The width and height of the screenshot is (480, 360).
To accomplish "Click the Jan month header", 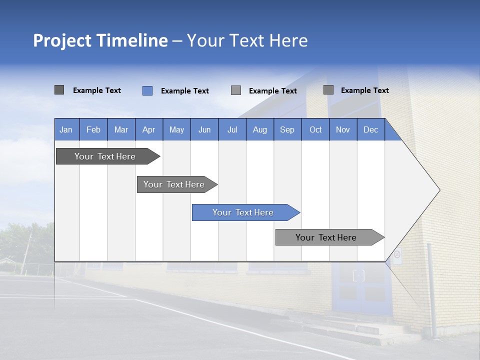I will click(x=66, y=129).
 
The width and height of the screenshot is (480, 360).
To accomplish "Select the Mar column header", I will click(x=121, y=129).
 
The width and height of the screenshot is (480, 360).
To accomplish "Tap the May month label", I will click(x=176, y=129).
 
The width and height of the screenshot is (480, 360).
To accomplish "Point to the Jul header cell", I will click(x=232, y=129).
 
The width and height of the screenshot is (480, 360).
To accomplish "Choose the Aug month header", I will click(x=259, y=129).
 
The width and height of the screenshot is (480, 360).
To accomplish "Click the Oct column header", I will click(x=315, y=129).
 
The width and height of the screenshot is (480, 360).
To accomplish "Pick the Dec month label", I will click(x=370, y=129).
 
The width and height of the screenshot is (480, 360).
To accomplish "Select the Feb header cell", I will click(x=93, y=129).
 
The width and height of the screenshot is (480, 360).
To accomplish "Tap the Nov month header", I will click(x=343, y=129).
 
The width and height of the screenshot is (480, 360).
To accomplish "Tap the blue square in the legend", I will click(x=147, y=90).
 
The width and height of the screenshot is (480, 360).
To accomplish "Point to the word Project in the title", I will click(x=62, y=40).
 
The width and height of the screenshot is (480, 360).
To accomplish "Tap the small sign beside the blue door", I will click(x=397, y=255).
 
